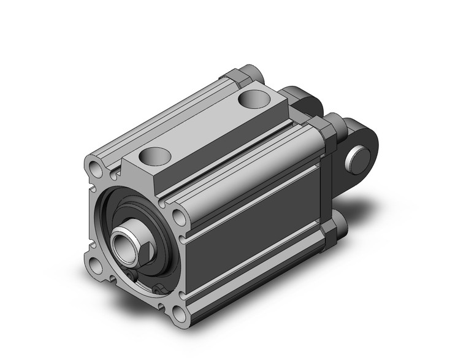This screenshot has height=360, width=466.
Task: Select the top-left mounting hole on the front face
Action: [x=93, y=167]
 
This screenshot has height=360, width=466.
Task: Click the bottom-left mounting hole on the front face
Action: [x=95, y=265]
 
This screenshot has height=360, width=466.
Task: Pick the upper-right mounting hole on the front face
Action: [x=178, y=216]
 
